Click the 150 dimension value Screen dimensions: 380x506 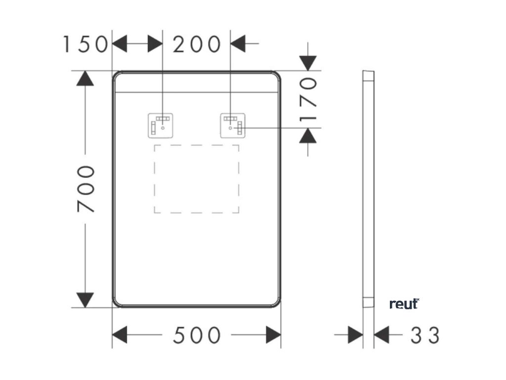pos(85,45)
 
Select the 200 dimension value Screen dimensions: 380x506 pos(197,45)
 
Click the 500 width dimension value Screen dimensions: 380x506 pos(197,335)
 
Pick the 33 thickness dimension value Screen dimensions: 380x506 pos(425,335)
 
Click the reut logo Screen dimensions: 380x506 pos(404,304)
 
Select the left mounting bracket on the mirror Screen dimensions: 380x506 pos(161,126)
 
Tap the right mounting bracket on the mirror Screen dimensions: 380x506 pos(232,126)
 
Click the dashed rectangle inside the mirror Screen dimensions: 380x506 pos(197,179)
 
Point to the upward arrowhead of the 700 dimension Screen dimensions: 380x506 pos(85,78)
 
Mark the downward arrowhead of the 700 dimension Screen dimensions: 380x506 pos(85,300)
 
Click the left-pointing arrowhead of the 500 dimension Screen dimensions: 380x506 pos(120,335)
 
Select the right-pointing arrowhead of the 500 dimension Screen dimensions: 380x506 pos(273,335)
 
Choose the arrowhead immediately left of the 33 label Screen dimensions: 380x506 pos(381,335)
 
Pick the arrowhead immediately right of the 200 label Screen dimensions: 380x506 pos(238,45)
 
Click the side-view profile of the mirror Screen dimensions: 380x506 pos(368,188)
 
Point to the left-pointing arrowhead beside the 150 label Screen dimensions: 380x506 pos(120,45)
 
